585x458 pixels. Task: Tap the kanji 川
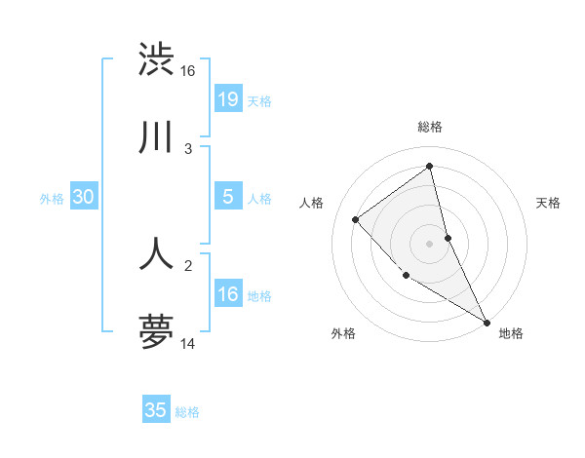tap(157, 137)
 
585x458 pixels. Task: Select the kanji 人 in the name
tap(157, 252)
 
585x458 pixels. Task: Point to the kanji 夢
tap(157, 332)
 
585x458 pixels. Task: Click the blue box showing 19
tap(227, 99)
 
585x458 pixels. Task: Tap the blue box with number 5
tap(227, 197)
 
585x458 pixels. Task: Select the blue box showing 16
tap(227, 294)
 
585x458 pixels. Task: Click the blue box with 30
tap(83, 197)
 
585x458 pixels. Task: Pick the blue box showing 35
tap(156, 410)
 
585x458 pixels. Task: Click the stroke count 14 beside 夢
tap(188, 344)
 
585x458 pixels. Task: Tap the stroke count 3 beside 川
tap(188, 149)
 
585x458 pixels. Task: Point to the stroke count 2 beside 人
tap(188, 264)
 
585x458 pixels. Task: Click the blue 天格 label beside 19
tap(259, 101)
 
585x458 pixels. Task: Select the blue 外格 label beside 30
tap(52, 199)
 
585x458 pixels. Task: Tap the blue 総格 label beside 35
tap(187, 412)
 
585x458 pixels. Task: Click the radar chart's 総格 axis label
tap(429, 127)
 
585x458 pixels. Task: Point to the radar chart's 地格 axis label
tap(511, 333)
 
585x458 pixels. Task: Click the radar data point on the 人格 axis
tap(356, 219)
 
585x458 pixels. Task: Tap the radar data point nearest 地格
tap(487, 322)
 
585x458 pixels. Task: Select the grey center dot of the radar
tap(429, 244)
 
